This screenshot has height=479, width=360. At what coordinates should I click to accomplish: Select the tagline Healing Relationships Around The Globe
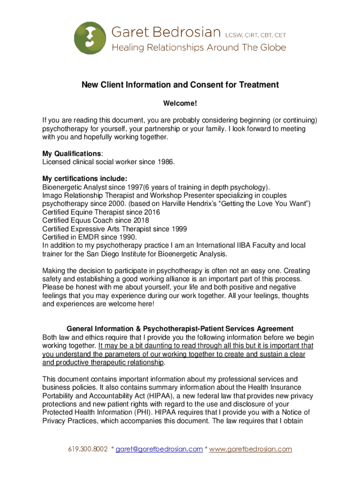(198, 47)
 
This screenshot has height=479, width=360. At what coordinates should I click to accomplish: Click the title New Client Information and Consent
(180, 85)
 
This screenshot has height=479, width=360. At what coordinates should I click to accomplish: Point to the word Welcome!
(180, 103)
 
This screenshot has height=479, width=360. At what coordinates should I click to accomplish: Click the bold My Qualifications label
(72, 153)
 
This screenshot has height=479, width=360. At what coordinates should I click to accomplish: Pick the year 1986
(164, 162)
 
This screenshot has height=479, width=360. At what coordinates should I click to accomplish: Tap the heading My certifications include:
(85, 178)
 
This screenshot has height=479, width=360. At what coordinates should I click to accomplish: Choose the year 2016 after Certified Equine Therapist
(151, 212)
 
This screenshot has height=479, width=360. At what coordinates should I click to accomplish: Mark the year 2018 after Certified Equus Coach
(141, 220)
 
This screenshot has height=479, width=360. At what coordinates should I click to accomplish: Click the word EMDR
(86, 237)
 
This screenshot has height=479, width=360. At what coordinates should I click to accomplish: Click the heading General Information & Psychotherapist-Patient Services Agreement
(180, 328)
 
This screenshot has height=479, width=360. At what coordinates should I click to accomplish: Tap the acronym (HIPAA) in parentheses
(151, 395)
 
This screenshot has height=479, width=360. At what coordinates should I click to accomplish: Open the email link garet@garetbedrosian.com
(159, 449)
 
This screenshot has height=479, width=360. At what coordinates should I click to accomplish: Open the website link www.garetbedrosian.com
(251, 449)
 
